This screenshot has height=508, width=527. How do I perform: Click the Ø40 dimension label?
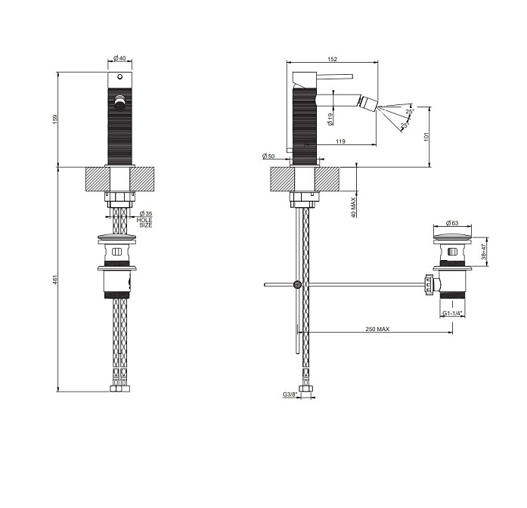(119, 58)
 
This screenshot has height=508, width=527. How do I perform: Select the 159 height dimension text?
(55, 119)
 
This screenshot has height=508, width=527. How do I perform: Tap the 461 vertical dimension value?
(55, 280)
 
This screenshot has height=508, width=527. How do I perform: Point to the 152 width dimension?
(332, 59)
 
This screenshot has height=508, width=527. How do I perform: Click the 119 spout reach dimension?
(340, 141)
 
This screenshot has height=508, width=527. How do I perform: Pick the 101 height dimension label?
(426, 137)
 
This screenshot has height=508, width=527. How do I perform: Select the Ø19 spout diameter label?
(330, 119)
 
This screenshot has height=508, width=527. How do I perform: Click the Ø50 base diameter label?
(268, 156)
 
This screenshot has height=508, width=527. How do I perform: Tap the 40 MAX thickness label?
(353, 207)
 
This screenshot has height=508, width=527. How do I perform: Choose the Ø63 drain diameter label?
(452, 223)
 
